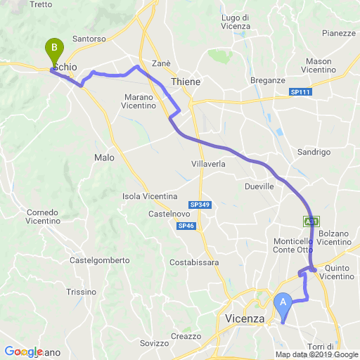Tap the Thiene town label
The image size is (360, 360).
coord(186,82)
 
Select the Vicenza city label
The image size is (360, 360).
coord(245,319)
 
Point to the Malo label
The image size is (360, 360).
coord(104,158)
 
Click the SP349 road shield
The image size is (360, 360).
coord(200,205)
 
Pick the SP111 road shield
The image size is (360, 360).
coord(300,92)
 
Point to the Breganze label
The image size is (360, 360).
coord(267,80)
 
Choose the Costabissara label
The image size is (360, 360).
coord(195,262)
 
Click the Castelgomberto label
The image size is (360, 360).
coord(100,260)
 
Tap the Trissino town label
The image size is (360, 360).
coord(82,292)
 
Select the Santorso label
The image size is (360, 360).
coord(89,39)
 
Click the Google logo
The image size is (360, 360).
coord(24,351)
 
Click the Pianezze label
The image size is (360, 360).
coord(338,33)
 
